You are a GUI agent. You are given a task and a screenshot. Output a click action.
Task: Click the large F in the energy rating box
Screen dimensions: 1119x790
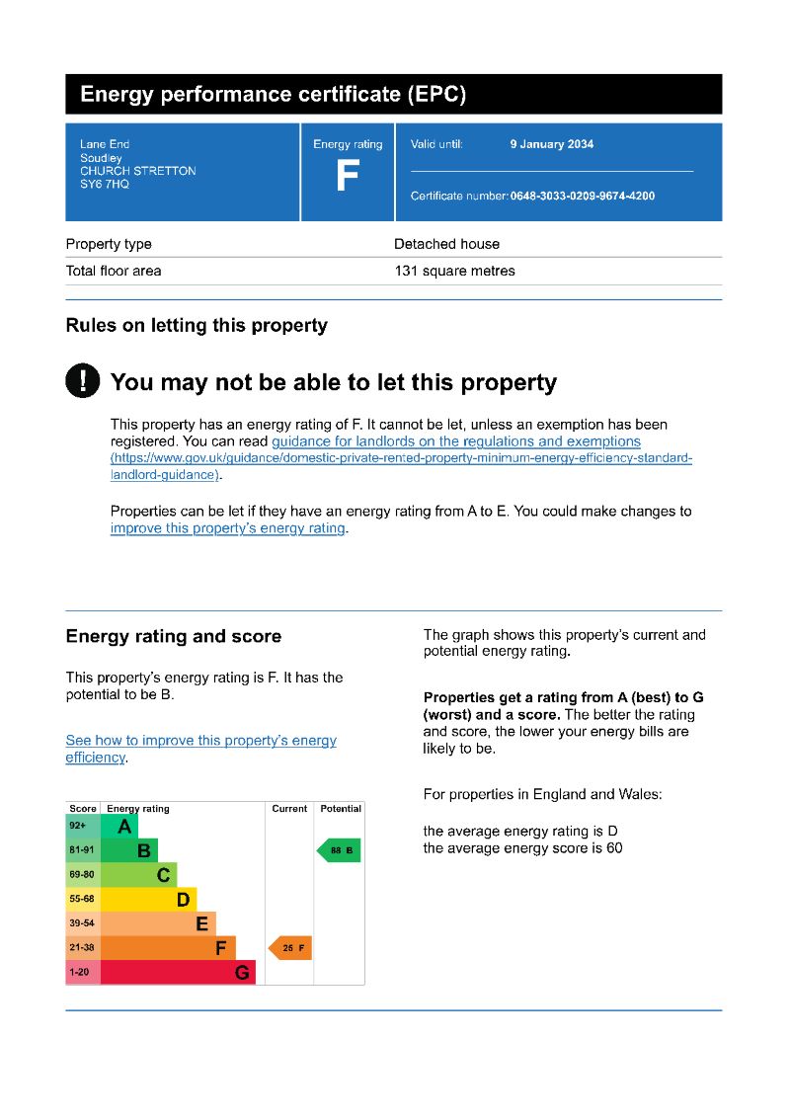coord(348,177)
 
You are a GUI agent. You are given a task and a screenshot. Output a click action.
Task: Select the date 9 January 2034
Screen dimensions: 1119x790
coord(551,144)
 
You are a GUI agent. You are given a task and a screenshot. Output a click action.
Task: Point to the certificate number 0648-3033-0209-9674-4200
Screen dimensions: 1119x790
coord(582,197)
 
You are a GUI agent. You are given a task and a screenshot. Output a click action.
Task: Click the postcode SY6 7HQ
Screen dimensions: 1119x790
coord(105,185)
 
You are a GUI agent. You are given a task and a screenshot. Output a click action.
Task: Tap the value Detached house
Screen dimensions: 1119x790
coord(446,244)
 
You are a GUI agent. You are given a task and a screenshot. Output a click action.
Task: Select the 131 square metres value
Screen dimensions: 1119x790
coord(454,271)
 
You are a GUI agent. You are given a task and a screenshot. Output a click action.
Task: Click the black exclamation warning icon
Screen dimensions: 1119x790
coord(83,381)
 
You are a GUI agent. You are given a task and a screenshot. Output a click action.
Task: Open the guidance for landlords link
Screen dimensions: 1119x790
coord(455,441)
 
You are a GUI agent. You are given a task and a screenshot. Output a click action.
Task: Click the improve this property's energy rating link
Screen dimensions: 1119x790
coord(228,528)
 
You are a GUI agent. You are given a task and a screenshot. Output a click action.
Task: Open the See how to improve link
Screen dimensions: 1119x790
coord(200,741)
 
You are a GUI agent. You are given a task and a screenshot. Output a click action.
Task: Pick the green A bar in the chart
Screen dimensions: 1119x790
coord(120,826)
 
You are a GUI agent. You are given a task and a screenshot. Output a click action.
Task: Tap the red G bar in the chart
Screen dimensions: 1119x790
coord(179,973)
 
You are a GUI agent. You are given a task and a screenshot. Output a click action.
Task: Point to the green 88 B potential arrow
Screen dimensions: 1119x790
coord(339,850)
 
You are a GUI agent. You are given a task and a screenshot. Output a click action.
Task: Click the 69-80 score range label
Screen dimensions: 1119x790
coord(82,875)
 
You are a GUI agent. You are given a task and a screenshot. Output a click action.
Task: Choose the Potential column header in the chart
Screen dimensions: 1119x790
coord(341,809)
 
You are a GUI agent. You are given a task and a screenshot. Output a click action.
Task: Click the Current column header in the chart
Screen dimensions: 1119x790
coord(289,809)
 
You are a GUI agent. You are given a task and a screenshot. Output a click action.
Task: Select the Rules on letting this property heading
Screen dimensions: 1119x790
coord(197,325)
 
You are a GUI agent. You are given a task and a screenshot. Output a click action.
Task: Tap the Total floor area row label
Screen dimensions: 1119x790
coord(114,271)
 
